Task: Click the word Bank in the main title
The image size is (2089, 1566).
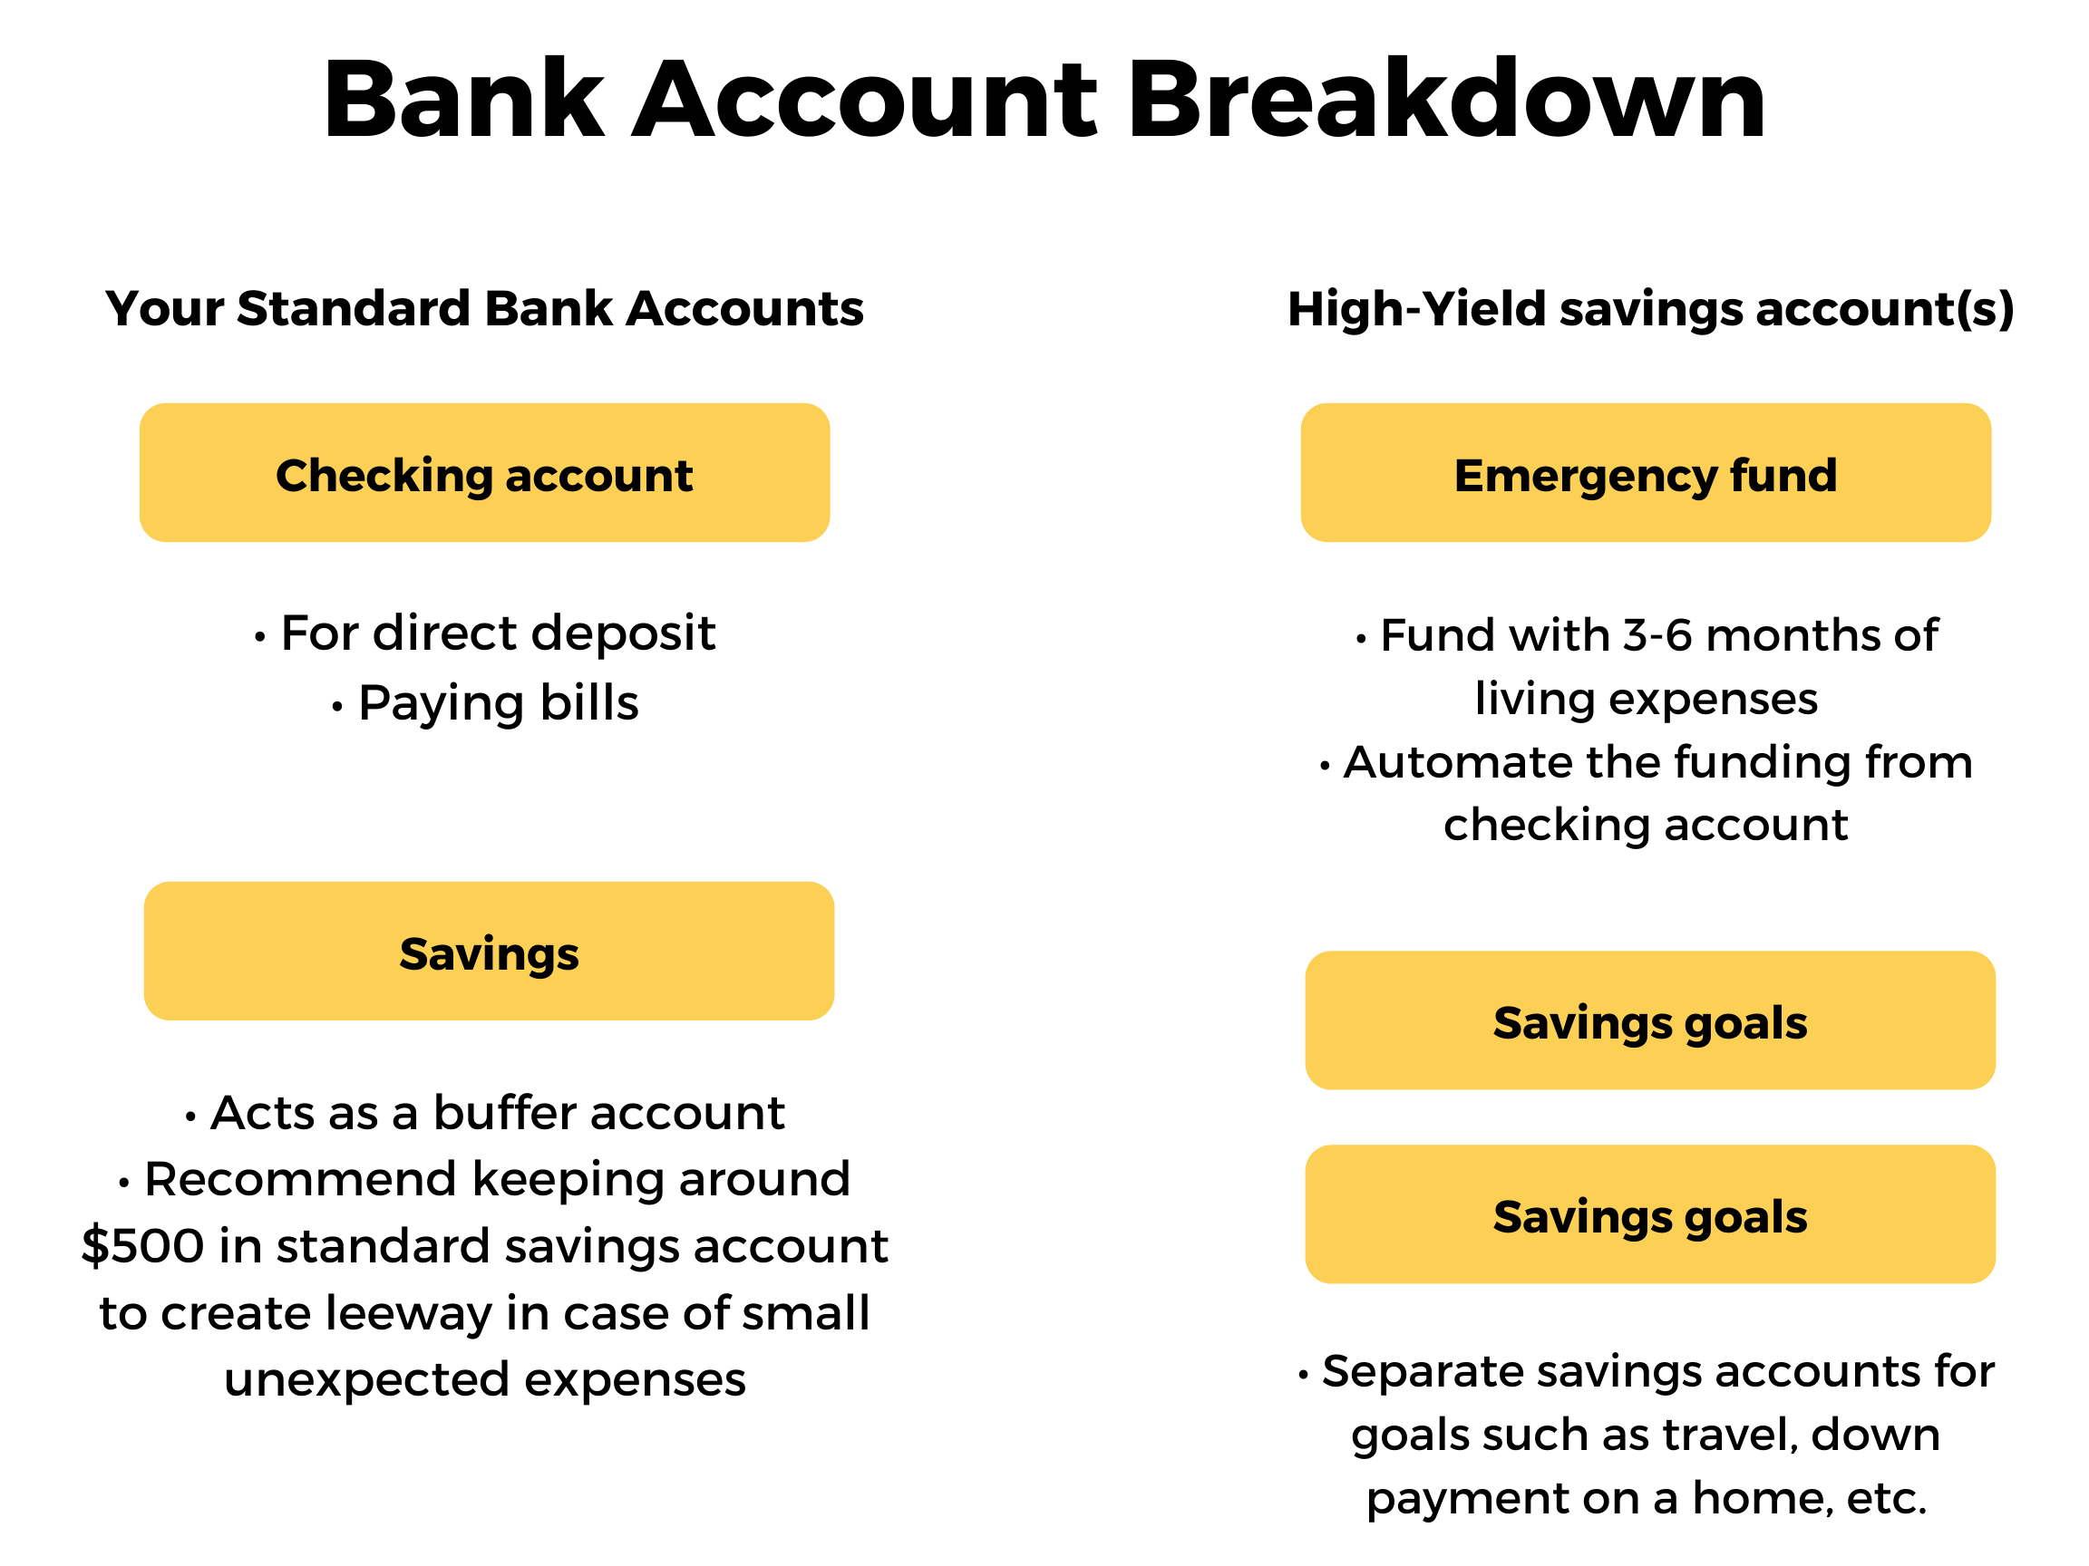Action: (463, 99)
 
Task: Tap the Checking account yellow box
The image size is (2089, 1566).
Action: (484, 472)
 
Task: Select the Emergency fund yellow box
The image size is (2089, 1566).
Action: (1646, 472)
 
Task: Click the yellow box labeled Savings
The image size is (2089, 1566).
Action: (490, 951)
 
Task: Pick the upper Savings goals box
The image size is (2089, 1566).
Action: (1651, 1020)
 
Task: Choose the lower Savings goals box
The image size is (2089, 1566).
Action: (1651, 1213)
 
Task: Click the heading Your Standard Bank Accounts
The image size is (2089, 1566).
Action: (484, 309)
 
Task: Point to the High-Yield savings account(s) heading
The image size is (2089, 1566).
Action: (1651, 310)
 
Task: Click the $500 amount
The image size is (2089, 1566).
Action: (142, 1245)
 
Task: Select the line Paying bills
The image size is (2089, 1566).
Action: (485, 703)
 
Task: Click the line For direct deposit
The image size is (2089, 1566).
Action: (485, 633)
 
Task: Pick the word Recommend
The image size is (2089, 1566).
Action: (300, 1179)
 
